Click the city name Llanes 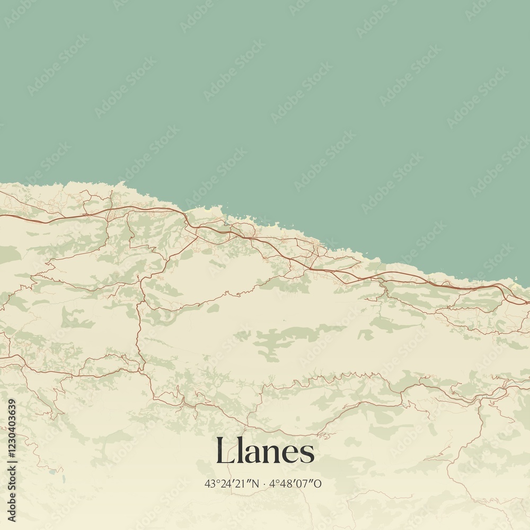click(x=265, y=452)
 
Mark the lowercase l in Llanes click(x=236, y=451)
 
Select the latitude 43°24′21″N click(x=232, y=483)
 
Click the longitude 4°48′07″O click(x=296, y=483)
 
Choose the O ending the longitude click(x=318, y=483)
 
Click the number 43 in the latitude click(x=209, y=483)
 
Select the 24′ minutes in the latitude click(x=225, y=483)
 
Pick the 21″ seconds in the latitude click(x=242, y=483)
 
